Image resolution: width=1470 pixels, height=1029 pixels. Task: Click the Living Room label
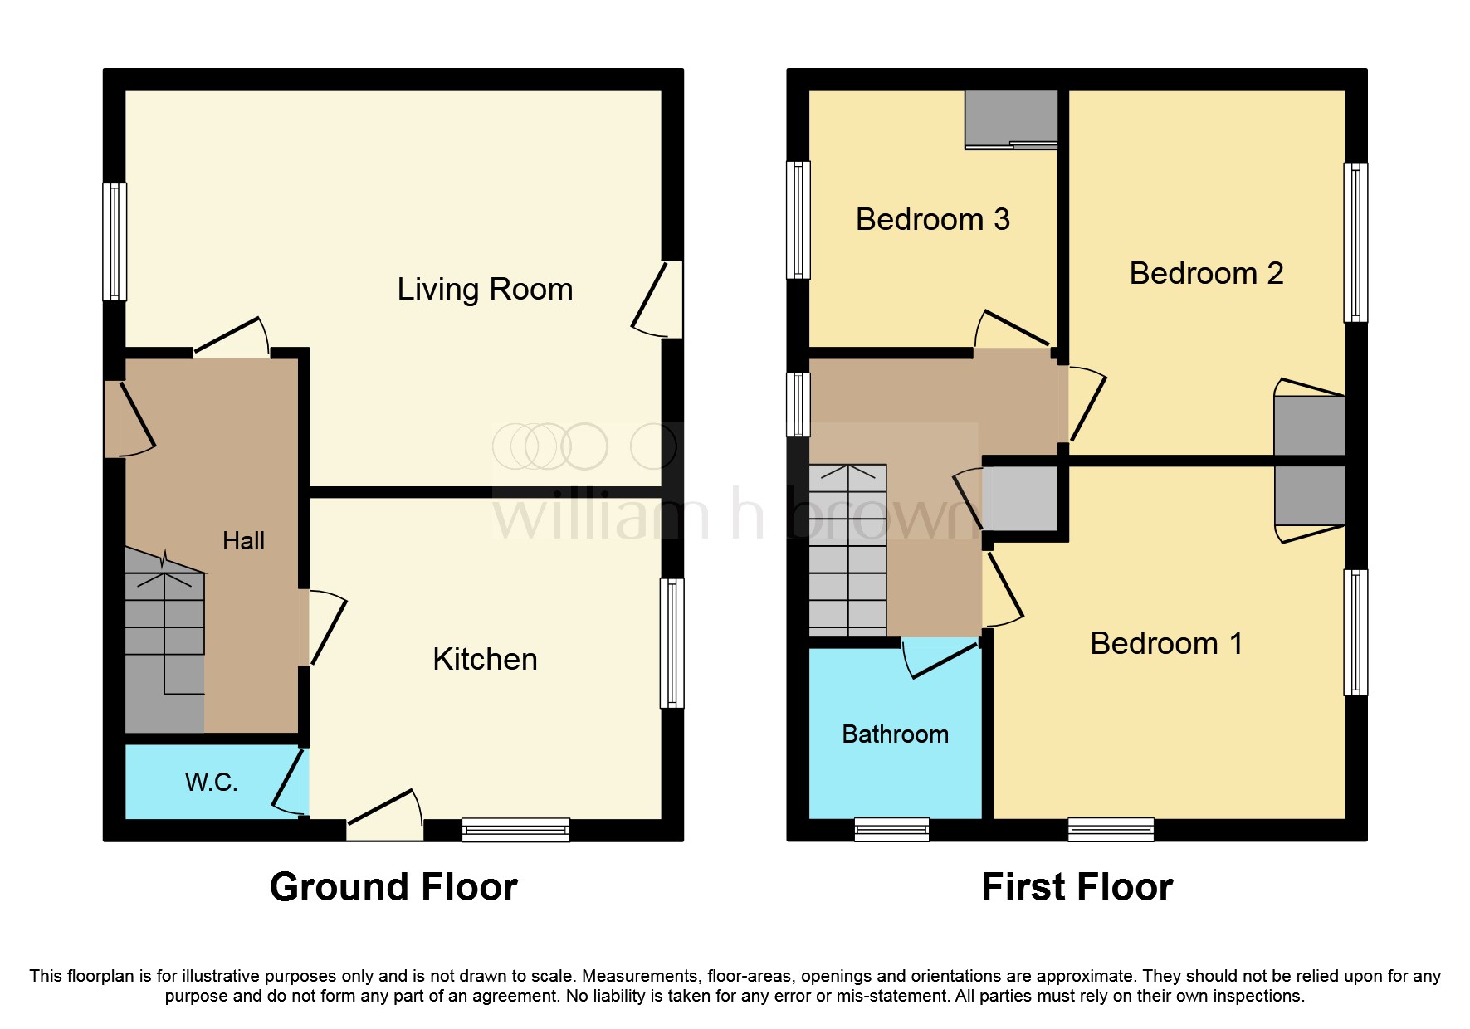(x=485, y=290)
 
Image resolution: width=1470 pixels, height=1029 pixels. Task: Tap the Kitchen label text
(x=485, y=660)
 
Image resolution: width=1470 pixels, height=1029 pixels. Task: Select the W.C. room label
(x=211, y=782)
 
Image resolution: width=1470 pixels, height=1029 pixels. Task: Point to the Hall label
(x=243, y=541)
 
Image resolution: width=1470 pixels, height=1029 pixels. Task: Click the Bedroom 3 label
(x=932, y=220)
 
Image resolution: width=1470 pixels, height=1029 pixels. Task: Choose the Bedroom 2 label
(x=1206, y=274)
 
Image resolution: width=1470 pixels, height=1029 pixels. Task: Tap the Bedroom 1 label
(x=1166, y=644)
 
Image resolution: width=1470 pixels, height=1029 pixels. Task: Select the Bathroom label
(x=895, y=734)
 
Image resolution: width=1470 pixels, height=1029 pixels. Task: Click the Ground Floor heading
(x=393, y=887)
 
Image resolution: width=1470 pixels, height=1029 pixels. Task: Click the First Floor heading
(x=1077, y=887)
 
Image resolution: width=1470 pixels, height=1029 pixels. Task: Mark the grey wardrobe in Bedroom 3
(x=1011, y=118)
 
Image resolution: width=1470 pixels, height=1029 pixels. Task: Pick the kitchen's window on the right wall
(x=672, y=643)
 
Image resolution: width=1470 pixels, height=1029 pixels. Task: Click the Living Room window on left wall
(x=115, y=241)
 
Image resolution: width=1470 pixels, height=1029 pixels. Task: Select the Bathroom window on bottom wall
(x=891, y=829)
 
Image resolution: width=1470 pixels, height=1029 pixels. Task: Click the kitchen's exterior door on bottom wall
(x=384, y=822)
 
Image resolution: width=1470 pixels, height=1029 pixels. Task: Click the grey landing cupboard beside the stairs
(x=1020, y=499)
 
